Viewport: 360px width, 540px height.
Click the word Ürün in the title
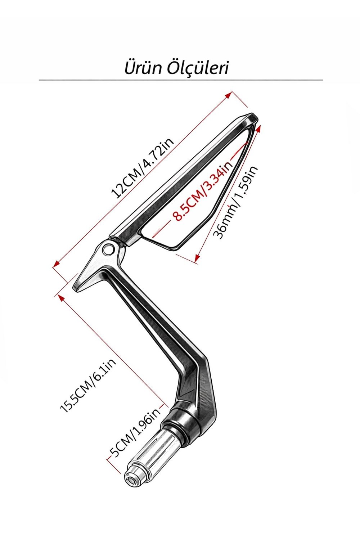pyautogui.click(x=143, y=68)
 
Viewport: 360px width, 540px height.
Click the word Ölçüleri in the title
pyautogui.click(x=198, y=68)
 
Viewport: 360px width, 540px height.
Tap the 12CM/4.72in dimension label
pyautogui.click(x=142, y=168)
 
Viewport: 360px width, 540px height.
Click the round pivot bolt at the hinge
pyautogui.click(x=108, y=249)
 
